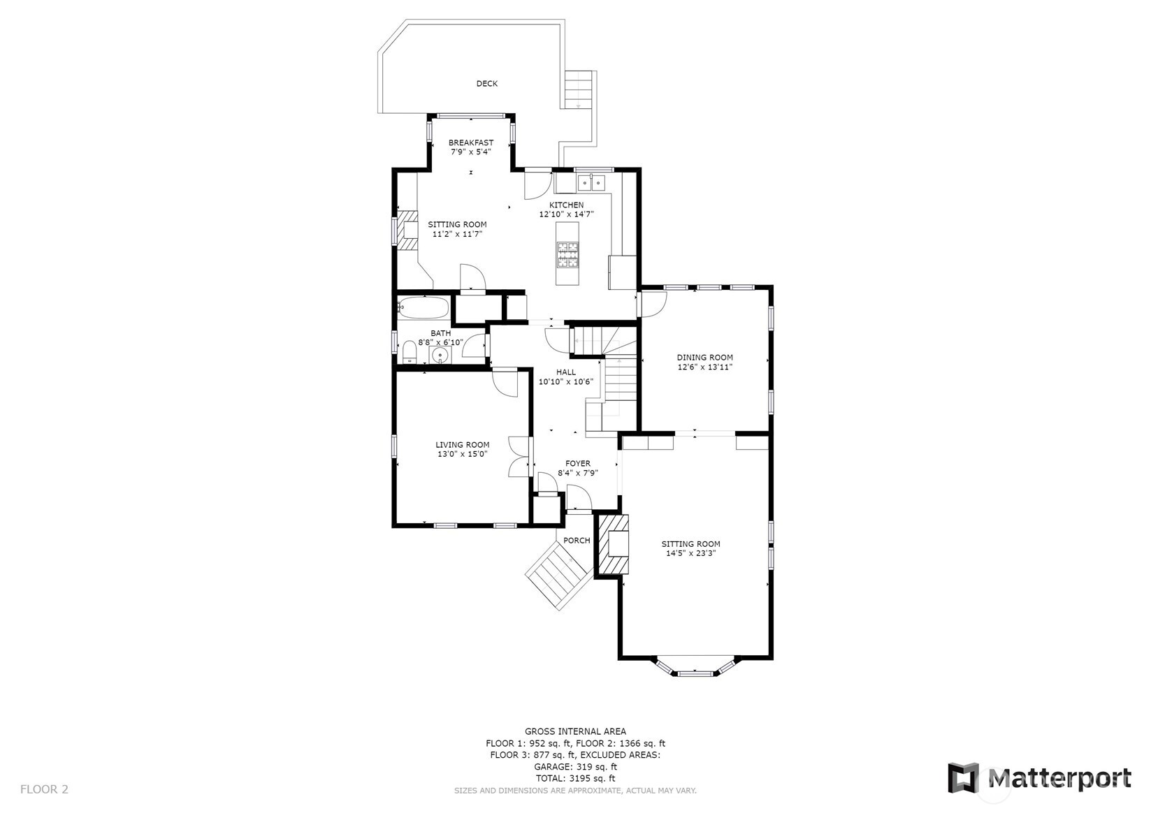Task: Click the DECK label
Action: click(486, 84)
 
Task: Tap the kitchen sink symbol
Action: click(592, 183)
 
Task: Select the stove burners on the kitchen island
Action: click(567, 255)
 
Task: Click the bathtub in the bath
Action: click(424, 308)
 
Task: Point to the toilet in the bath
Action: click(409, 351)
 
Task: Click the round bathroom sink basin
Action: click(440, 356)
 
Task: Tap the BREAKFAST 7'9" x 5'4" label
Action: click(470, 147)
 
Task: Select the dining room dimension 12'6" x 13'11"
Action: click(704, 367)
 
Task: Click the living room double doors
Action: click(519, 457)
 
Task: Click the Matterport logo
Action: click(1038, 777)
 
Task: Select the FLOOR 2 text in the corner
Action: click(45, 789)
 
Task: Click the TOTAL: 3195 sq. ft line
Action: click(575, 778)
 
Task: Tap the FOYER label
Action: click(577, 463)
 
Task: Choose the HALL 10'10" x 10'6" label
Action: click(565, 377)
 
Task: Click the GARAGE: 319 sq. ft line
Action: click(575, 766)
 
